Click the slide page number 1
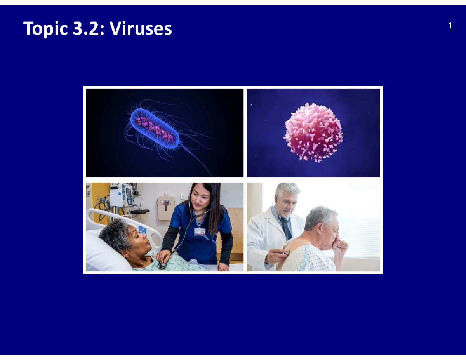click(x=450, y=26)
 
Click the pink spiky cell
click(x=314, y=132)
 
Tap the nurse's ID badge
click(x=200, y=232)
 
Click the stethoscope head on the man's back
click(x=287, y=253)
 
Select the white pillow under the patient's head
click(x=103, y=254)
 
